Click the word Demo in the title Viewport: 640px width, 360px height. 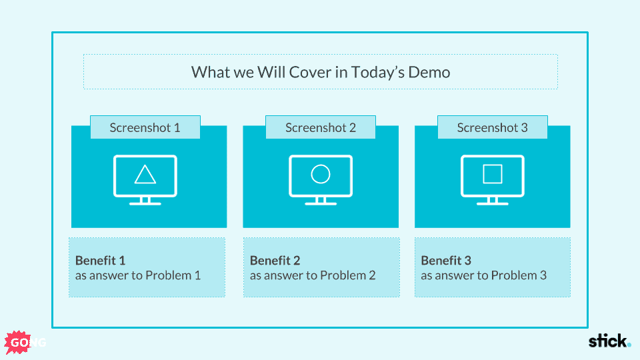click(429, 72)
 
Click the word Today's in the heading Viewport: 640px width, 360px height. click(377, 72)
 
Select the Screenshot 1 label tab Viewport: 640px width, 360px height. click(145, 127)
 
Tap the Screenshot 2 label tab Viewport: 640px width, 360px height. click(321, 127)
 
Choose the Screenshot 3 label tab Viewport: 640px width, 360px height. click(492, 127)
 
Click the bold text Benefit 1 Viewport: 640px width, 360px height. click(100, 261)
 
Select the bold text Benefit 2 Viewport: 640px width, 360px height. click(275, 261)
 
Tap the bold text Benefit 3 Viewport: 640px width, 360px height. click(446, 261)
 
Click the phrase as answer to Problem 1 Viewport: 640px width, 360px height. click(138, 275)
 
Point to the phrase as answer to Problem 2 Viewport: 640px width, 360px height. click(313, 275)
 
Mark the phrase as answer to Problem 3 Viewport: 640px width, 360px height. click(484, 275)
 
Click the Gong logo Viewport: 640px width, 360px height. click(25, 342)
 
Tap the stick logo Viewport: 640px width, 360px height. click(609, 341)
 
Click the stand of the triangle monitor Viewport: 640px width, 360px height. click(145, 201)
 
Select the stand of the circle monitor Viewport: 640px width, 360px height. click(321, 201)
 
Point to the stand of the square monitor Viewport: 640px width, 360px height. click(493, 201)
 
